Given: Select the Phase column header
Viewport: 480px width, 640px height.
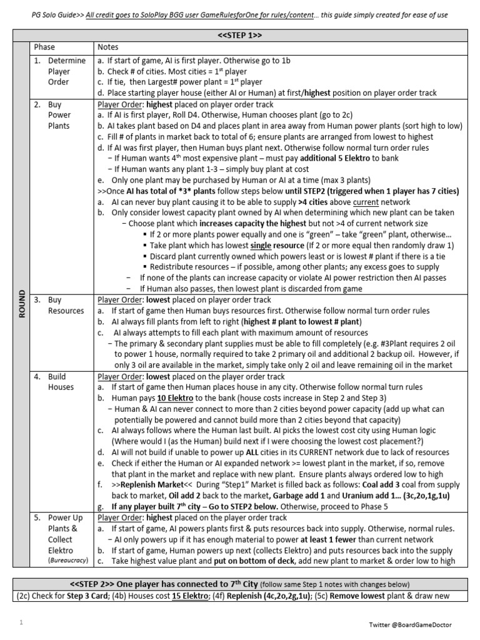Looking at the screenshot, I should click(44, 47).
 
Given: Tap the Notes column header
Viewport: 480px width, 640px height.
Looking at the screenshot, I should click(107, 47).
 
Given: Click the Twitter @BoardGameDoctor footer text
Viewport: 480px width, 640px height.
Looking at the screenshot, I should click(418, 624).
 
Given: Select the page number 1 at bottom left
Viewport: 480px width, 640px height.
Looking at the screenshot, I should click(21, 622).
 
